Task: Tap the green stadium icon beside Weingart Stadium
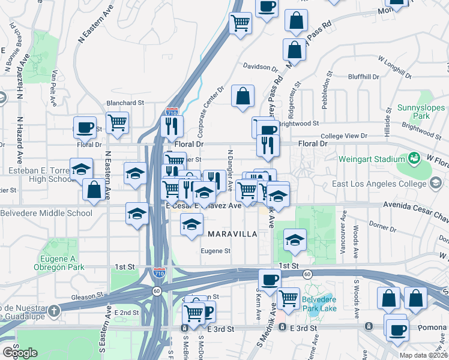click(x=413, y=158)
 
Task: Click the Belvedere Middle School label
click(x=47, y=213)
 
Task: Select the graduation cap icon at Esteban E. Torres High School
click(x=81, y=170)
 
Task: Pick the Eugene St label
click(x=215, y=251)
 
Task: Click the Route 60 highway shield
click(x=307, y=274)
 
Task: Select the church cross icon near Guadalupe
click(x=54, y=310)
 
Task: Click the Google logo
click(x=20, y=353)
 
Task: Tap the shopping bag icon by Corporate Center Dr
click(x=243, y=96)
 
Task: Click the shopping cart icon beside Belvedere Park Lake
click(x=289, y=298)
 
